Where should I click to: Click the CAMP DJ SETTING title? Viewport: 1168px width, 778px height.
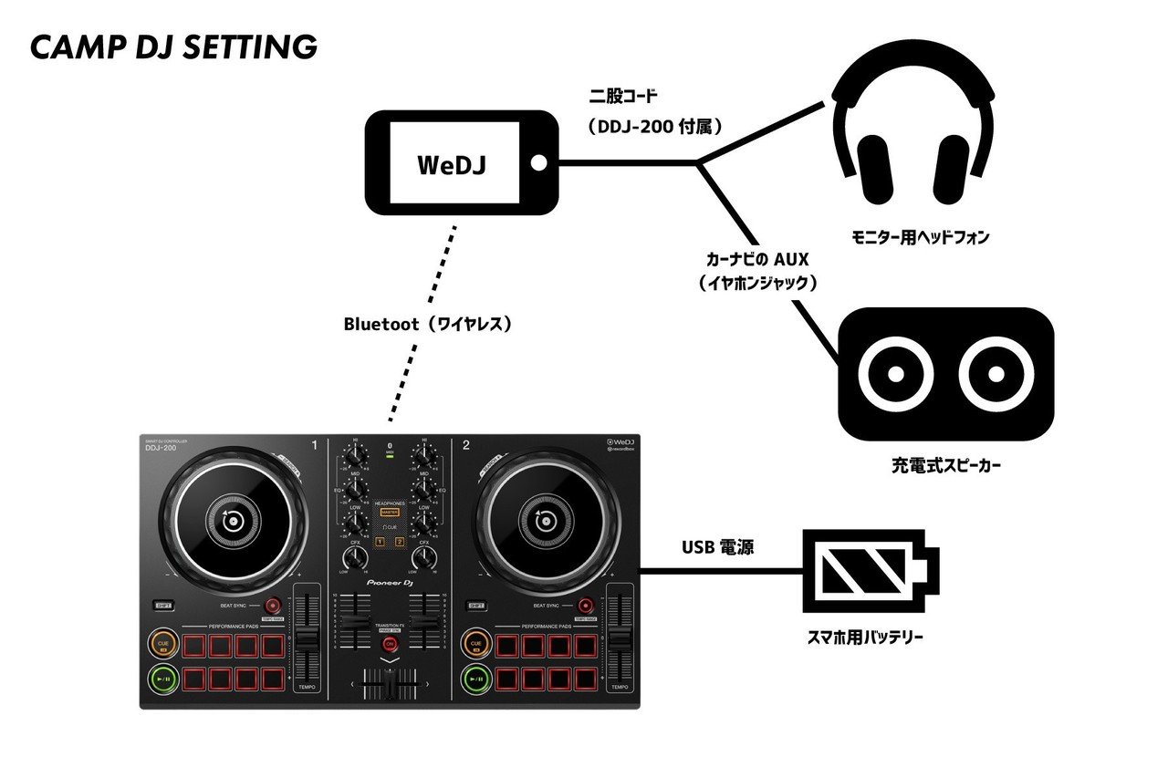(x=173, y=47)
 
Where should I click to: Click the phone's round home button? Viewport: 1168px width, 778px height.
(x=538, y=163)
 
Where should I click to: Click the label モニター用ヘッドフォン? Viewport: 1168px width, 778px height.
(x=920, y=237)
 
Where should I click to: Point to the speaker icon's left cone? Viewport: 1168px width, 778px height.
(x=895, y=374)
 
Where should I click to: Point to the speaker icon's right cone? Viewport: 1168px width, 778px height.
(x=996, y=374)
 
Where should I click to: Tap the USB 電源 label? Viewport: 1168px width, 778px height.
(x=717, y=548)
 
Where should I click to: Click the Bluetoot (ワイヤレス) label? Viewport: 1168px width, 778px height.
(x=425, y=324)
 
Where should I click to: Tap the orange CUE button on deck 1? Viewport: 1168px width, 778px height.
(x=164, y=645)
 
